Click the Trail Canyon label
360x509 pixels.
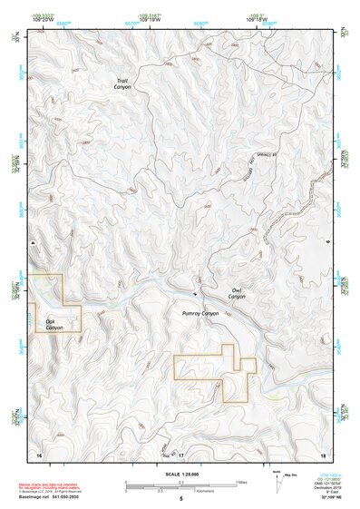122,83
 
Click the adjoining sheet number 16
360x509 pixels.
39,454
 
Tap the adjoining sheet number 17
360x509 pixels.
180,454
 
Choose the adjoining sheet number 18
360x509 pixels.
322,454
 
